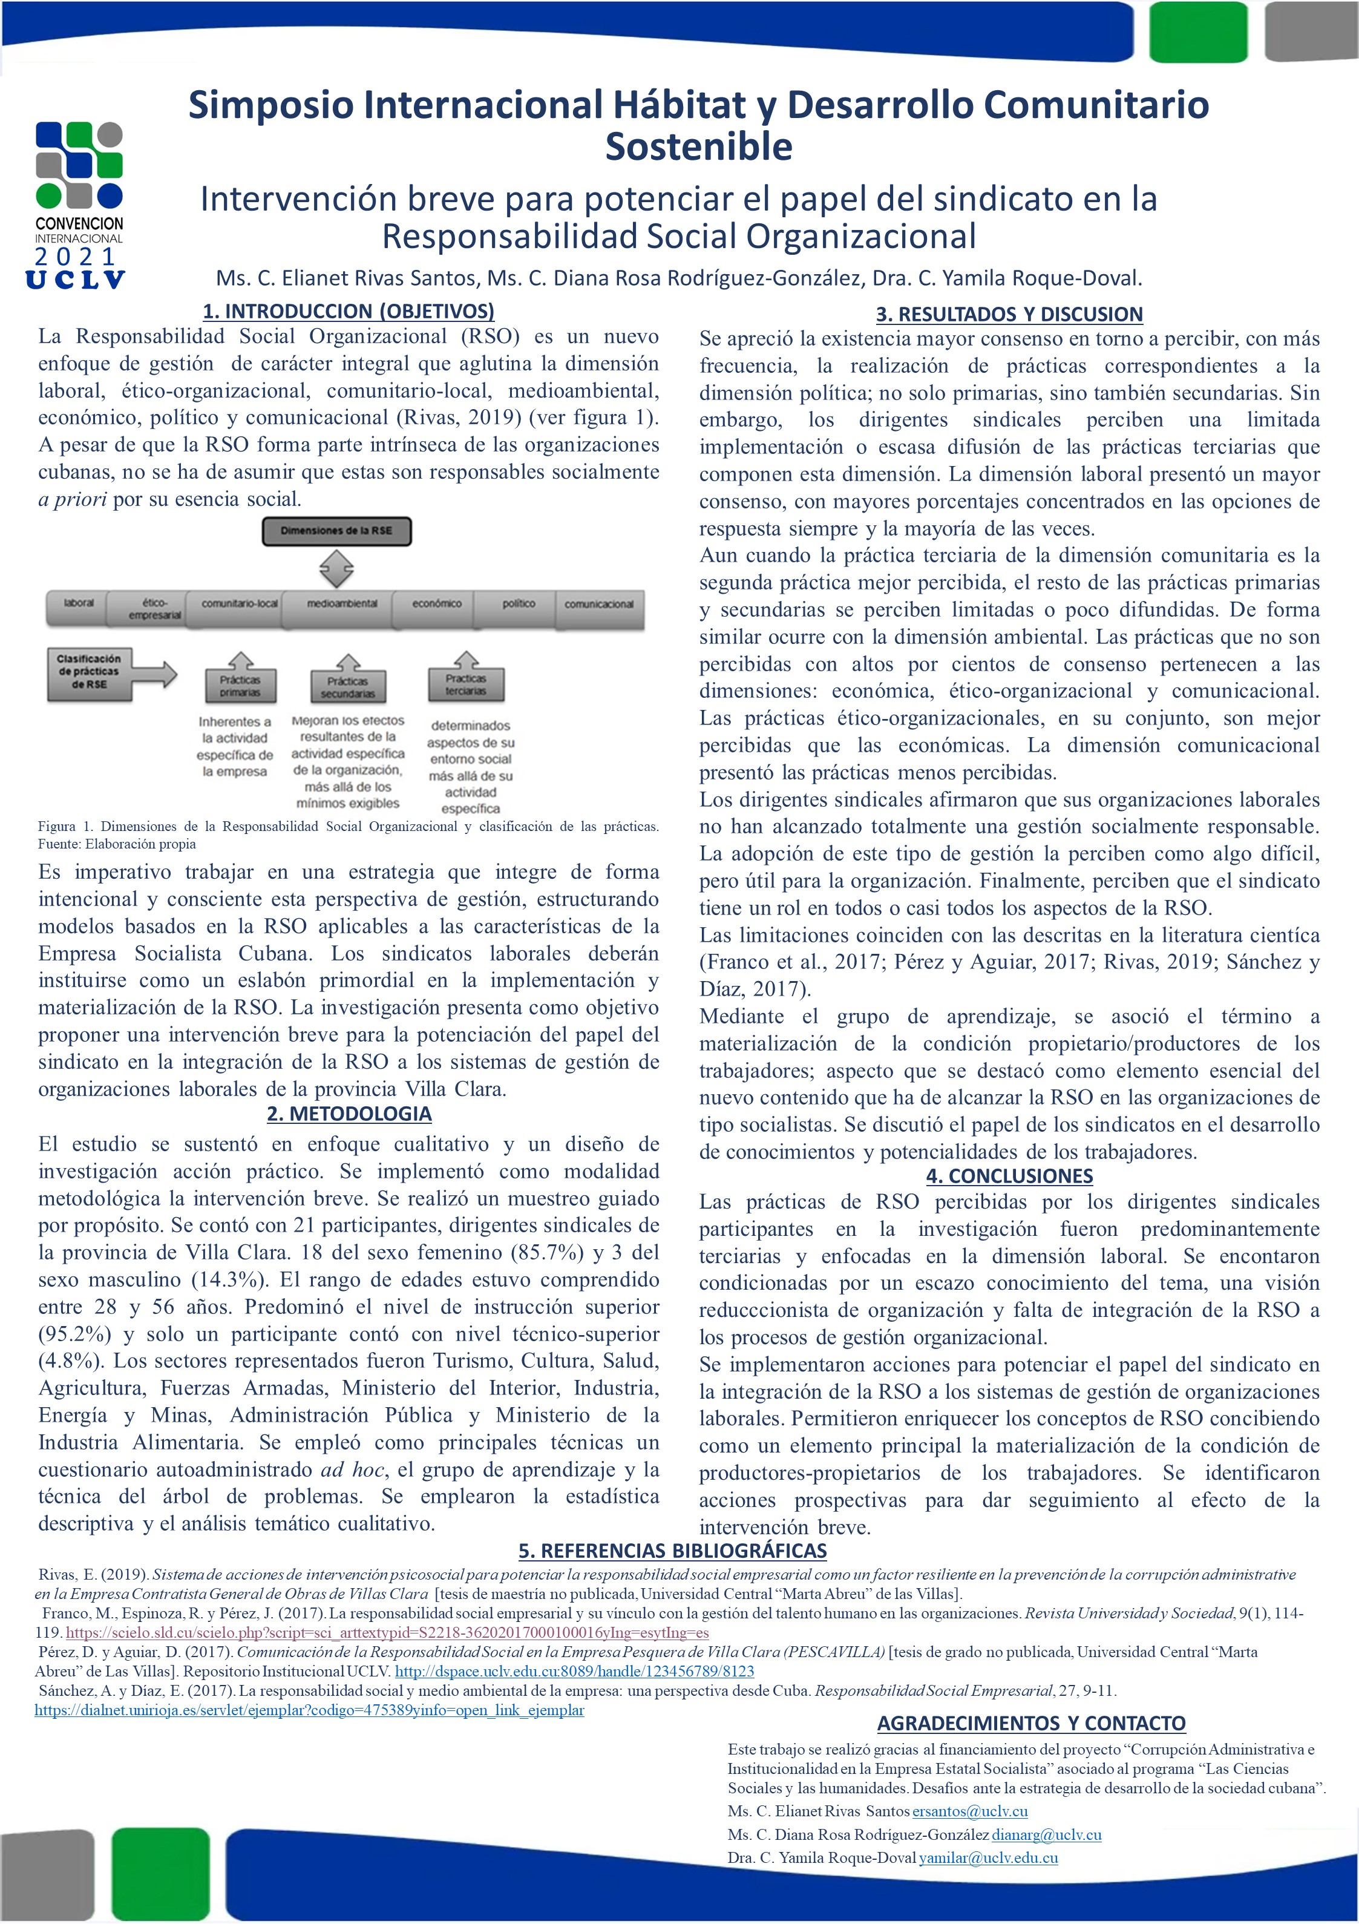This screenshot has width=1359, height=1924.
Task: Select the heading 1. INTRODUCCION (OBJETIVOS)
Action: [x=349, y=311]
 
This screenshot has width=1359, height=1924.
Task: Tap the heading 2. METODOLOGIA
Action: [x=349, y=1114]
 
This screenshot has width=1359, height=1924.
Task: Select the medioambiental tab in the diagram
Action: [x=342, y=604]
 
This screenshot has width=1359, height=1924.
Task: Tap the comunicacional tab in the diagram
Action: [x=598, y=604]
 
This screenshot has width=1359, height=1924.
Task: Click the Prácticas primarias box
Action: [x=240, y=686]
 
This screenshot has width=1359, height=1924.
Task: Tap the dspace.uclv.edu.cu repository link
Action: [x=574, y=1671]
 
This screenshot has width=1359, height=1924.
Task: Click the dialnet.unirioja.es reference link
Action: [x=309, y=1710]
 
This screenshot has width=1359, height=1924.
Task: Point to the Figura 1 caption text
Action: [x=348, y=835]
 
